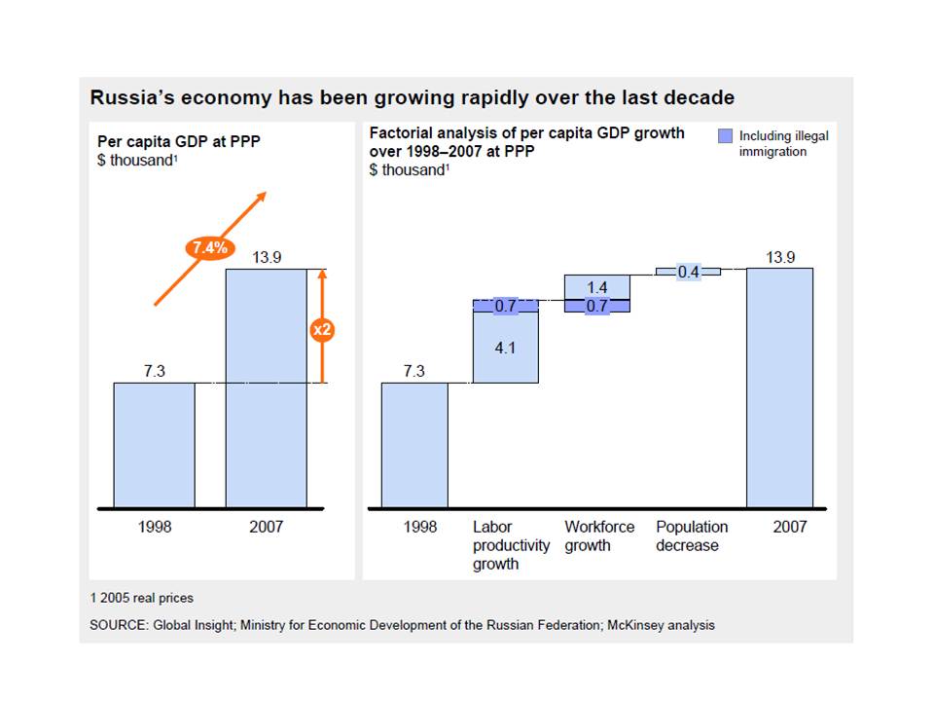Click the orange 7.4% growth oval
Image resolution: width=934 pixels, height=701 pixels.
tap(208, 247)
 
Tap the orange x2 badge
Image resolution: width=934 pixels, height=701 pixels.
tap(322, 331)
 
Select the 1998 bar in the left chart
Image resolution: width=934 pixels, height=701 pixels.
tap(154, 445)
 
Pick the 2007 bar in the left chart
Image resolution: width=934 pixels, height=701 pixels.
tap(266, 389)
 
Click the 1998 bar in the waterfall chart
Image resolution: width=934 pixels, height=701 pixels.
tap(414, 445)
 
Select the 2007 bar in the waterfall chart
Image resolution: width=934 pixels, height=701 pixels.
tap(779, 389)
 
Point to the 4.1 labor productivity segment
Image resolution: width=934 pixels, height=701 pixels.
tap(505, 347)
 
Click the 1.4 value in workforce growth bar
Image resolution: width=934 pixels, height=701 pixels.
tap(597, 287)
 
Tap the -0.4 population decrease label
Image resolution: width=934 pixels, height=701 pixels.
tap(688, 273)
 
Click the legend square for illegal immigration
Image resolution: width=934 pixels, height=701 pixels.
tap(725, 136)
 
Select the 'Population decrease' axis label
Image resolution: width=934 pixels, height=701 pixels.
tap(691, 536)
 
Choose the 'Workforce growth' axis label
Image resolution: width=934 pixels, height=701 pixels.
tap(599, 536)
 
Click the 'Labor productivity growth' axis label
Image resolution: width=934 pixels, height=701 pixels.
tap(511, 545)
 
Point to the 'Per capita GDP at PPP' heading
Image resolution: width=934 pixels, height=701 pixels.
tap(170, 142)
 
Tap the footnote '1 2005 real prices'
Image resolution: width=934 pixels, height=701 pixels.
tap(141, 598)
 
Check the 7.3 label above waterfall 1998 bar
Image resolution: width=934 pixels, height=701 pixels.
tap(413, 371)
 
